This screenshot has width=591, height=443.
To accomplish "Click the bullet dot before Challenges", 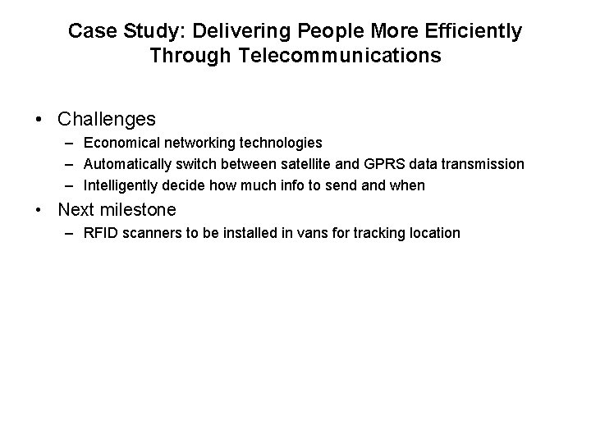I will (x=40, y=120).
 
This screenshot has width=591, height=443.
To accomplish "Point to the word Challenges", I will (x=107, y=120).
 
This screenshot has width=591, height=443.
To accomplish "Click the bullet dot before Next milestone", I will (x=40, y=209).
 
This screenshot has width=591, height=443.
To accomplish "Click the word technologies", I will (x=282, y=143).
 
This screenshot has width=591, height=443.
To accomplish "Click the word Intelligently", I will (x=120, y=185).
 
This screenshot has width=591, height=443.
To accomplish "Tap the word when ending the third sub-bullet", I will (x=407, y=185).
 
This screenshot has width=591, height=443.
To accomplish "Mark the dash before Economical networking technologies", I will (x=69, y=143).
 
